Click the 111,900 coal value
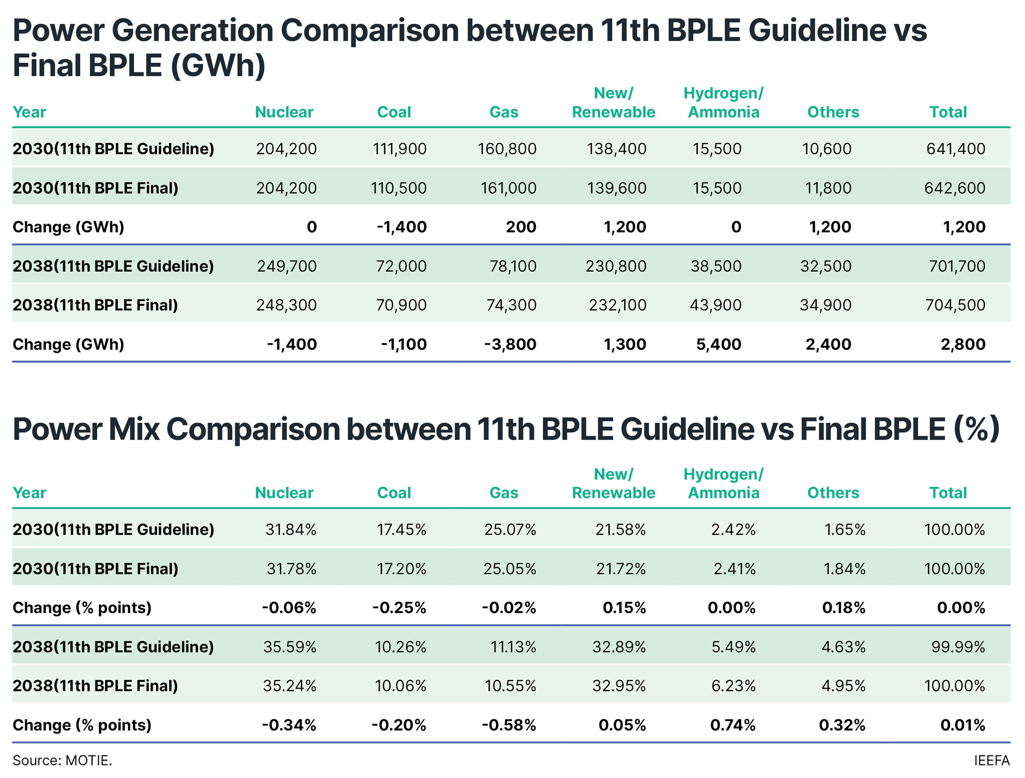pyautogui.click(x=399, y=149)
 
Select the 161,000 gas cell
pyautogui.click(x=508, y=188)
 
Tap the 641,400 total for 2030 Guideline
pyautogui.click(x=956, y=149)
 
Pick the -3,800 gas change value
pyautogui.click(x=510, y=344)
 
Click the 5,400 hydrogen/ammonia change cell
pyautogui.click(x=719, y=344)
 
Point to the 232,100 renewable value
pyautogui.click(x=617, y=305)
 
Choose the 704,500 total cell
pyautogui.click(x=955, y=305)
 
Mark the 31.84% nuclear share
pyautogui.click(x=291, y=529)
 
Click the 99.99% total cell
pyautogui.click(x=958, y=647)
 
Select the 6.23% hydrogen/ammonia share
pyautogui.click(x=733, y=686)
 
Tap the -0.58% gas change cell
pyautogui.click(x=509, y=725)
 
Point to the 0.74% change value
pyautogui.click(x=733, y=725)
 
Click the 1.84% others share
pyautogui.click(x=844, y=568)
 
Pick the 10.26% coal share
pyautogui.click(x=401, y=647)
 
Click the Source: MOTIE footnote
pyautogui.click(x=62, y=760)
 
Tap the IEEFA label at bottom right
pyautogui.click(x=991, y=760)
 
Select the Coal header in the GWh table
pyautogui.click(x=394, y=112)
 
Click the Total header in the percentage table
pyautogui.click(x=948, y=492)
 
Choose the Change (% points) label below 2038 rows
pyautogui.click(x=82, y=725)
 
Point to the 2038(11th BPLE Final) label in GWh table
pyautogui.click(x=95, y=305)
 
